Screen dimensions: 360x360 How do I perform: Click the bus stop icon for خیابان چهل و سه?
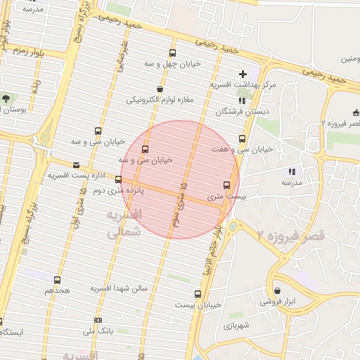173,53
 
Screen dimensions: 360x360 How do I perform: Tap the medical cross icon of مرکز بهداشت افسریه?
243,73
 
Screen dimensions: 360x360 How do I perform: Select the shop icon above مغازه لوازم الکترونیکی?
160,89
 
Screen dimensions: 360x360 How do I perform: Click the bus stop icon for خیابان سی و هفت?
243,139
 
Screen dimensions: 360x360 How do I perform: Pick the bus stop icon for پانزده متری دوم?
118,179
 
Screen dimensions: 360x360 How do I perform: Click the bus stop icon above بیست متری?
226,186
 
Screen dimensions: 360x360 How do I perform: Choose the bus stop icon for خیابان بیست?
197,294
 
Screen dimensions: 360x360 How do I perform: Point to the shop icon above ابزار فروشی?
278,290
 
